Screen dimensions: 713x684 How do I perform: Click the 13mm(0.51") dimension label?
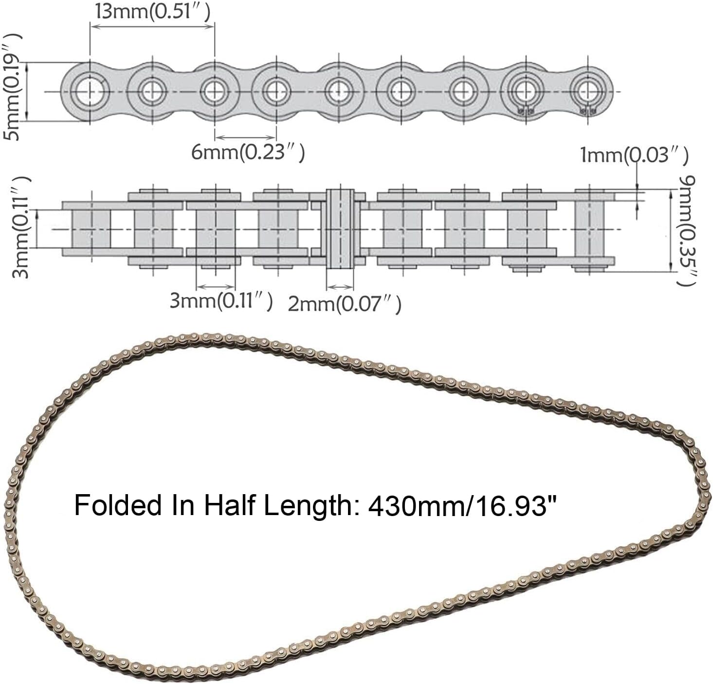point(153,12)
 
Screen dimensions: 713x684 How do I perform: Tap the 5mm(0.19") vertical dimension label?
point(12,87)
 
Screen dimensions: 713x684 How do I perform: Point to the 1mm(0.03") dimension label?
point(634,155)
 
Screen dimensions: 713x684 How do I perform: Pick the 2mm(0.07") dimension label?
point(345,304)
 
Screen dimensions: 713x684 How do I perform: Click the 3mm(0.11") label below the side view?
point(221,301)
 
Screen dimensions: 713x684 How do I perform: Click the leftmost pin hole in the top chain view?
point(90,91)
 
